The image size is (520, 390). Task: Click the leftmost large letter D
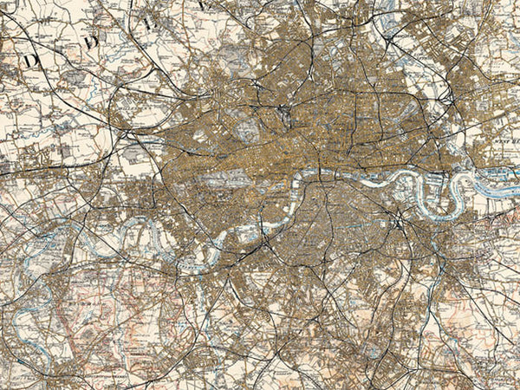(x=34, y=61)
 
